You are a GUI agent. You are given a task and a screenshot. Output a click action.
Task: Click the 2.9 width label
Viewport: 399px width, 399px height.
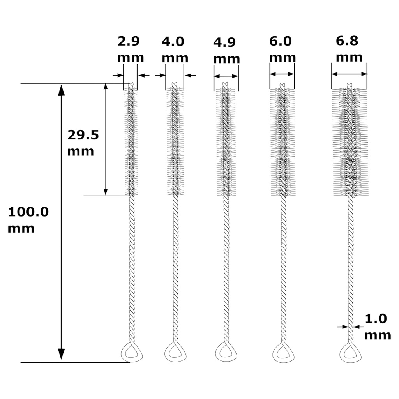(129, 41)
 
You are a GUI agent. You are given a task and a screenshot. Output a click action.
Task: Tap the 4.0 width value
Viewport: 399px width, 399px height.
(173, 42)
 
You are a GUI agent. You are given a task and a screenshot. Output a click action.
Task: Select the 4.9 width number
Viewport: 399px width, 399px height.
(224, 42)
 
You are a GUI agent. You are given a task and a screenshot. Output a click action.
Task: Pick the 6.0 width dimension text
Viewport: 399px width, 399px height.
(281, 41)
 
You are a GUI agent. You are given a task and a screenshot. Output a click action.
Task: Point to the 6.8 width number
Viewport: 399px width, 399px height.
(347, 41)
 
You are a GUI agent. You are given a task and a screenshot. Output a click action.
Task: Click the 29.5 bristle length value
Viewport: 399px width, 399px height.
(83, 135)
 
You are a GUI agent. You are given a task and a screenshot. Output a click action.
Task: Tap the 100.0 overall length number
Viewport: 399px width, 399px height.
(28, 212)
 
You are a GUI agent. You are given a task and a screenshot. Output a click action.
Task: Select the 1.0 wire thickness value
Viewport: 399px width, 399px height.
(376, 319)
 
